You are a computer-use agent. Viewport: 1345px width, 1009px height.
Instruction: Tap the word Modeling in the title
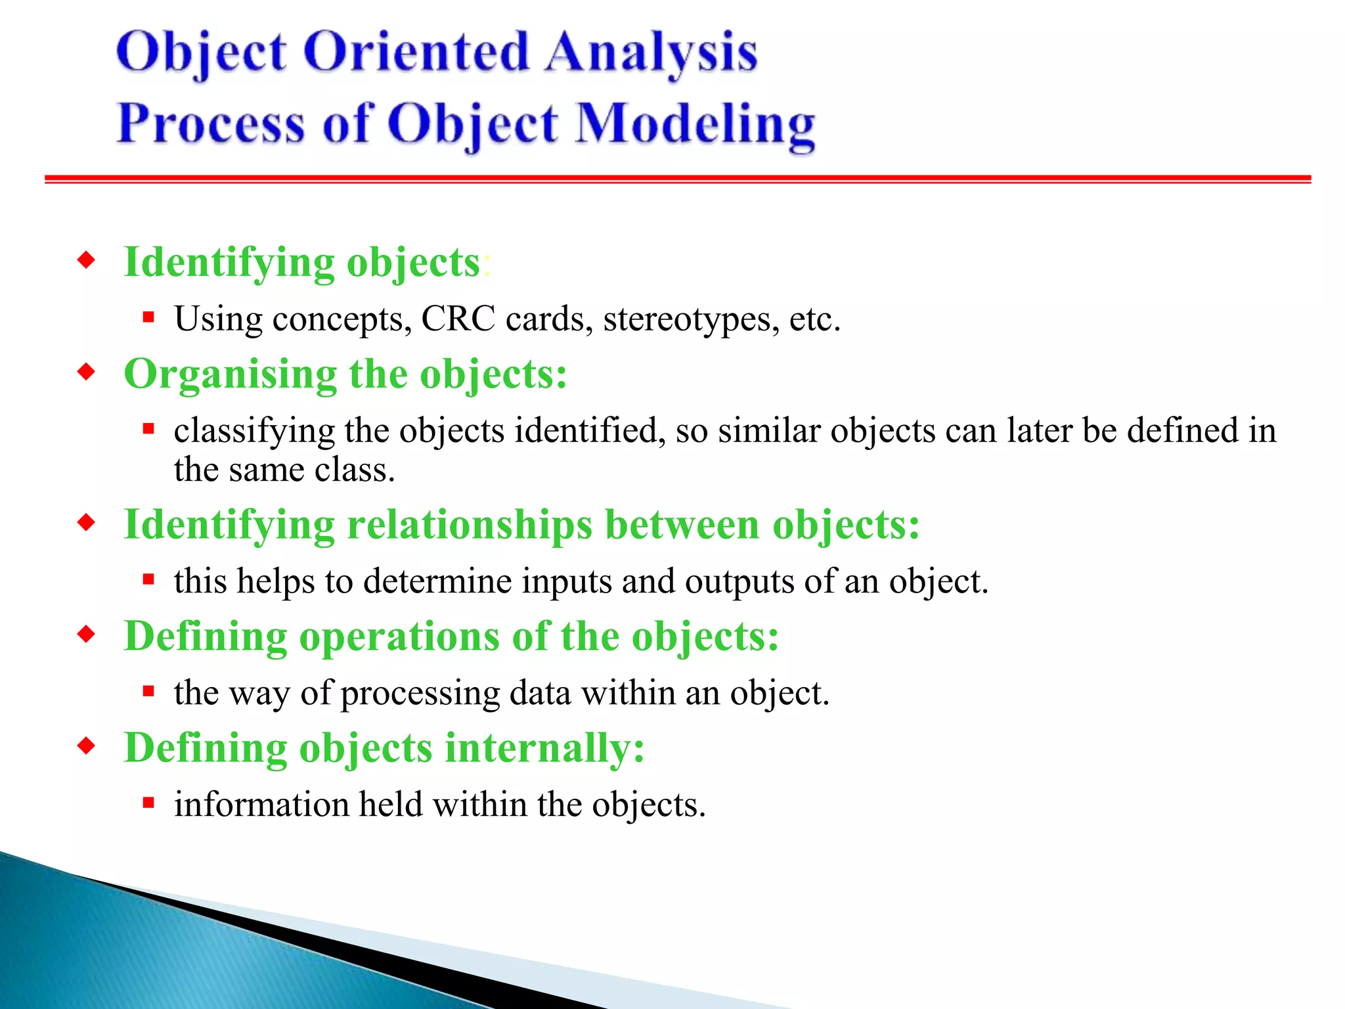click(695, 125)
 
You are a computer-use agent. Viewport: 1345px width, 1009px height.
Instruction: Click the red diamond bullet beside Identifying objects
click(86, 261)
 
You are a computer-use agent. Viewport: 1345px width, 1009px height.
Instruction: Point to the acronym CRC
click(458, 320)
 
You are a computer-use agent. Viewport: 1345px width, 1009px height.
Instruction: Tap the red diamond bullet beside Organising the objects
click(86, 372)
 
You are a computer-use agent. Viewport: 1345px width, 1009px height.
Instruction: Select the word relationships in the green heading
click(470, 526)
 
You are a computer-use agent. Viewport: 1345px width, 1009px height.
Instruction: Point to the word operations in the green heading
click(399, 637)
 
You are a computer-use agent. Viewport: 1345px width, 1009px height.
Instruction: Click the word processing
click(420, 694)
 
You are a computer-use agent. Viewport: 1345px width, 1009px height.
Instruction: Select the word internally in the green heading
click(544, 749)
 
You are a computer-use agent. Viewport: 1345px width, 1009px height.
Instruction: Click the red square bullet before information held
click(148, 803)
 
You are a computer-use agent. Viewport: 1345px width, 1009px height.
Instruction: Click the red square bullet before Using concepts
click(148, 318)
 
